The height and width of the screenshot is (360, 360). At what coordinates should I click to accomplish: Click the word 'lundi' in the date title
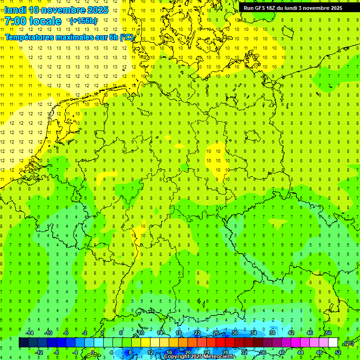(x=15, y=10)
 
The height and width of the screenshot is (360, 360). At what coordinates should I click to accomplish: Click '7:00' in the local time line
(x=15, y=21)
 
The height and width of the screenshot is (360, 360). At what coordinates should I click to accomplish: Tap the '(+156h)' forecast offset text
(x=83, y=21)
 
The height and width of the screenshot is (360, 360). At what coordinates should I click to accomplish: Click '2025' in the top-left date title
(x=97, y=10)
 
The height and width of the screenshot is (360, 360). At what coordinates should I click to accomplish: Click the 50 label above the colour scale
(x=328, y=333)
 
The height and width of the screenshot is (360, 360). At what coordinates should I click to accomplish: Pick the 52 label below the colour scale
(x=337, y=352)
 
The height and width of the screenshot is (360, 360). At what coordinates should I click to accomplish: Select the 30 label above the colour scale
(x=234, y=333)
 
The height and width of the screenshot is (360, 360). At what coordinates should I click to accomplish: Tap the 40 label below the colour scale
(x=281, y=352)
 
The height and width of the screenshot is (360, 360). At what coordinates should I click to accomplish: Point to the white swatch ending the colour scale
(x=333, y=343)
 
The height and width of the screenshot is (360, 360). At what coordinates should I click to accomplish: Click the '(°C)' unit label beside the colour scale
(x=348, y=343)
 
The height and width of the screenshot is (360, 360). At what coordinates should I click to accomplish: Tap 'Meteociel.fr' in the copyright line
(x=219, y=357)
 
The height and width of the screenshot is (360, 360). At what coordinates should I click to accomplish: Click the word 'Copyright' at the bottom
(x=178, y=357)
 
